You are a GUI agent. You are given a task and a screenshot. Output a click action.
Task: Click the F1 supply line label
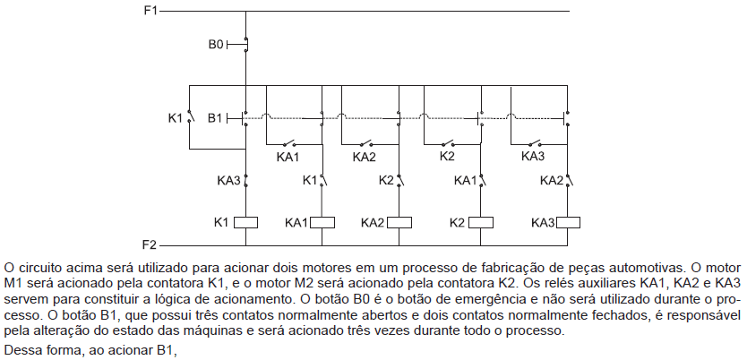point(150,11)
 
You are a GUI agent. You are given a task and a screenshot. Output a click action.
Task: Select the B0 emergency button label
point(216,45)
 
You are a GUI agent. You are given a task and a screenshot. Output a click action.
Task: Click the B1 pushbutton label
point(215,118)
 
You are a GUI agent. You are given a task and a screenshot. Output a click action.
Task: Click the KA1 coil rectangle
point(322,222)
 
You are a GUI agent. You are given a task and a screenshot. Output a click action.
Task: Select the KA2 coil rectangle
point(399,222)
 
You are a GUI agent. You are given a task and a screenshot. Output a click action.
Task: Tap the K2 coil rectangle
point(481,222)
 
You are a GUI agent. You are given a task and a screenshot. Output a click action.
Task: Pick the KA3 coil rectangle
point(567,222)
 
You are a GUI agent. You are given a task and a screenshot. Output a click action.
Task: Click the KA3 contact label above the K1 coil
point(228,181)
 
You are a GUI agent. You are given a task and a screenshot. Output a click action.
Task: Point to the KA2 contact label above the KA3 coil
point(552,181)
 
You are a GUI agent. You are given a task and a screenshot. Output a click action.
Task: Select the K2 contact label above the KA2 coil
point(386,181)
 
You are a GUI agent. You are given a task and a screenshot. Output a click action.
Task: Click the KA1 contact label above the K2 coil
point(466,181)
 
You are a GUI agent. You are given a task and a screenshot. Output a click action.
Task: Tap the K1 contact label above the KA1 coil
point(310,181)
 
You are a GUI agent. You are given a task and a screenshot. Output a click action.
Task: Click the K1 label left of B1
point(176,118)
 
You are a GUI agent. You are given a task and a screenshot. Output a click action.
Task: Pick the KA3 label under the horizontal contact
point(533,156)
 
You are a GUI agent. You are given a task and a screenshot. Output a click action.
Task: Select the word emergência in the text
point(428,301)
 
